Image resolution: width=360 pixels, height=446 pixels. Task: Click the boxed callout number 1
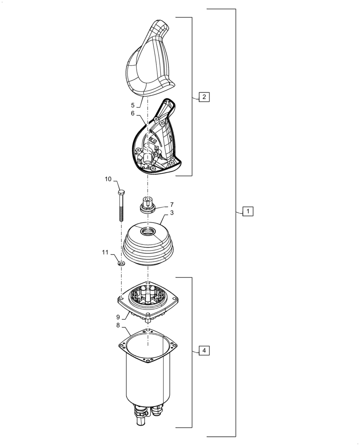(x=248, y=211)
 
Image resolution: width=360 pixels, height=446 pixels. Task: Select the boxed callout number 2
(x=204, y=97)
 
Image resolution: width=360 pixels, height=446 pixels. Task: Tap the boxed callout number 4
(x=204, y=351)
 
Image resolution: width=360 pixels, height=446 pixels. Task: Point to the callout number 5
(x=133, y=105)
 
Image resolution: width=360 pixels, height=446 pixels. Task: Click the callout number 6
(x=133, y=114)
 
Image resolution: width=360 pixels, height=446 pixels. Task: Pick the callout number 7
(x=172, y=205)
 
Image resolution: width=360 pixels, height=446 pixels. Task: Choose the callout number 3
(x=172, y=213)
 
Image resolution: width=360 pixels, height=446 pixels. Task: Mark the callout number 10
(x=108, y=179)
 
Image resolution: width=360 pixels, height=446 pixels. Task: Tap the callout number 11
(x=105, y=252)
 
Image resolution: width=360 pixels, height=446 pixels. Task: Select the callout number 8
(x=118, y=326)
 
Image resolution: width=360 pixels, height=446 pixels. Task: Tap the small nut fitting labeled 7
(x=147, y=205)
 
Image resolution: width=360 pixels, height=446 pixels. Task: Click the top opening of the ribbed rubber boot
(x=147, y=231)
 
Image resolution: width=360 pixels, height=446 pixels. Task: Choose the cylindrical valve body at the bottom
(x=147, y=379)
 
